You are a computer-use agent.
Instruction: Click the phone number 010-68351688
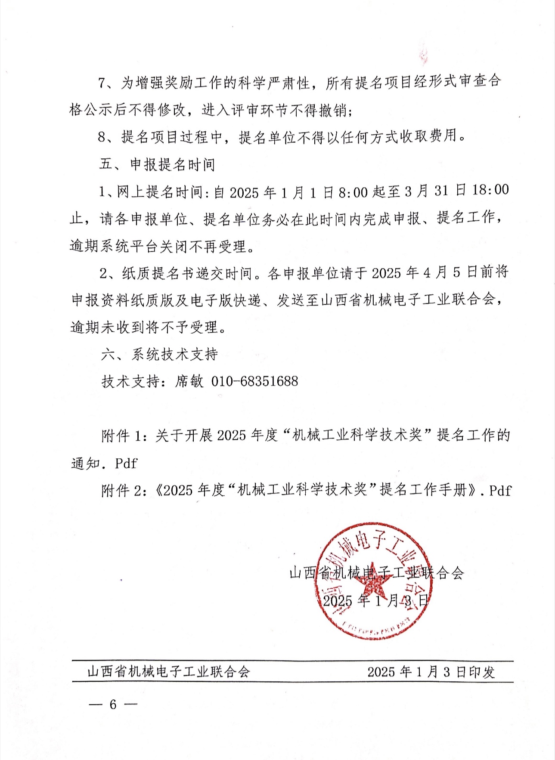(254, 381)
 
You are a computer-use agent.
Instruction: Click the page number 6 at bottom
(113, 704)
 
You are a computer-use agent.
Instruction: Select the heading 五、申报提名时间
(157, 164)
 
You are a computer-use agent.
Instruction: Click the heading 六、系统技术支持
(159, 354)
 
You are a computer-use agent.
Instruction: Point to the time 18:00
(490, 190)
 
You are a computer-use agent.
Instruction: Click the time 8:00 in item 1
(353, 192)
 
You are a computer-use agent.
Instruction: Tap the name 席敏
(189, 381)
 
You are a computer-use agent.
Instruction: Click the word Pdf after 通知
(126, 463)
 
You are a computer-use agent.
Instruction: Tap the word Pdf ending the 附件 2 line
(500, 490)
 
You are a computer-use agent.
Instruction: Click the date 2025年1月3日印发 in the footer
(431, 672)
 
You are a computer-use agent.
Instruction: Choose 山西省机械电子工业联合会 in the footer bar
(168, 672)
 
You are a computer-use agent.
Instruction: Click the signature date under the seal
(376, 600)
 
